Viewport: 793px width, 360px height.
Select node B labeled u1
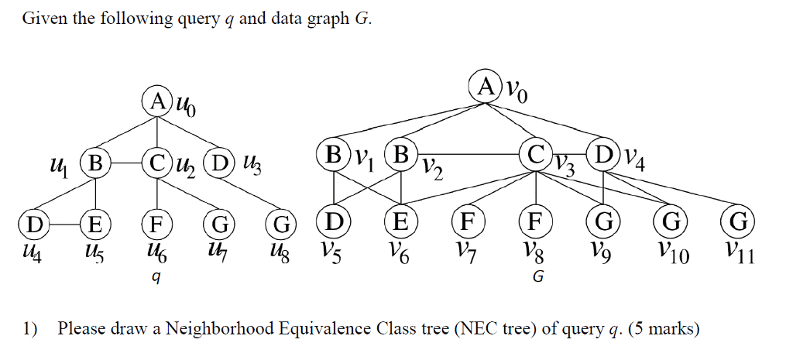click(96, 163)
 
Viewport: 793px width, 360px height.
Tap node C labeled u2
click(157, 163)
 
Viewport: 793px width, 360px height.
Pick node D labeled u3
click(221, 163)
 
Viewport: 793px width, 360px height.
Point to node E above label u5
click(96, 225)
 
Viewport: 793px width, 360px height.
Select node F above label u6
click(157, 225)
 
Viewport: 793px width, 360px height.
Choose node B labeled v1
click(334, 153)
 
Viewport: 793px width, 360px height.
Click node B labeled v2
click(400, 153)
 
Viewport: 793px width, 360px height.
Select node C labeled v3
click(536, 153)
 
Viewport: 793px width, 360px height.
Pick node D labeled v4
click(604, 153)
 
